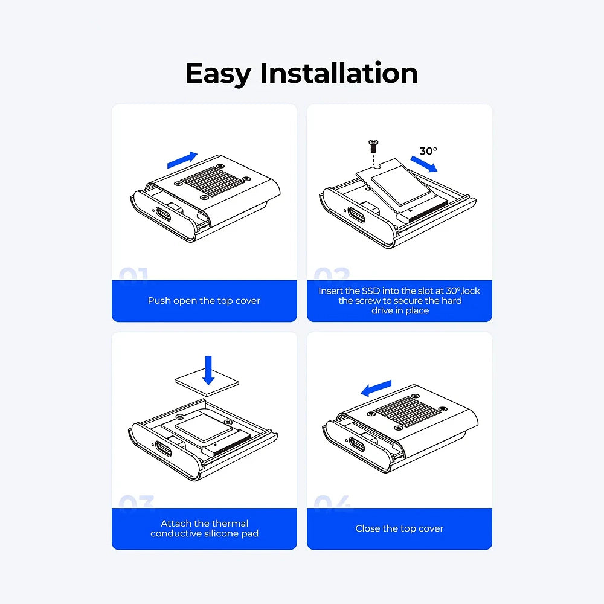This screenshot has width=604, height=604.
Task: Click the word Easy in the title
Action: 219,74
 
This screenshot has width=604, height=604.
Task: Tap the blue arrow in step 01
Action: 182,160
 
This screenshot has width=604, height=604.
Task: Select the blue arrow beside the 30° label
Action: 424,164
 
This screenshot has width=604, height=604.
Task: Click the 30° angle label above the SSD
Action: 428,151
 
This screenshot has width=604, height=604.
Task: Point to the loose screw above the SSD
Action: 373,146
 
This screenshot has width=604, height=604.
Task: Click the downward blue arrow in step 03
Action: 208,370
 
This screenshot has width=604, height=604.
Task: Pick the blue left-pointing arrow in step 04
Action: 376,388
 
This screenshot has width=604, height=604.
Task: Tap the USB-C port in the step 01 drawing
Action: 163,214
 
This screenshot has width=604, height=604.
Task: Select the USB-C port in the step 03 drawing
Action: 163,448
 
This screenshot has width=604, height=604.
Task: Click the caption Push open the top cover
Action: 204,301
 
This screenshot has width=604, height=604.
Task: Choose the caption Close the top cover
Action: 399,528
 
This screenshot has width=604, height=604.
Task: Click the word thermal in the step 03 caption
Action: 230,524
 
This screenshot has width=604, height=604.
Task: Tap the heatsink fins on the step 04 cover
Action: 407,412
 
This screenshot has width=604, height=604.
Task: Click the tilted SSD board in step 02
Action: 400,188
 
